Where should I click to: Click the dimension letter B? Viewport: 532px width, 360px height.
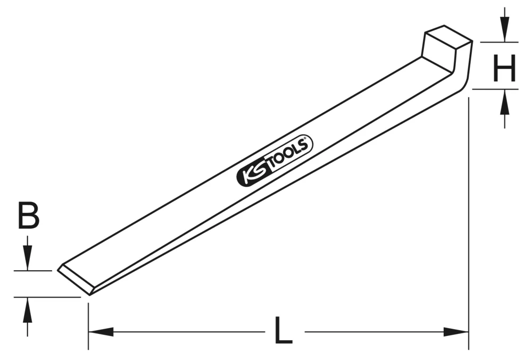coord(28,215)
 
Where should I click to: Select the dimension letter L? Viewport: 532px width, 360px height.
coord(284,330)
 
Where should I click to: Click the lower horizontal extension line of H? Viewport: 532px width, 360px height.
coord(495,89)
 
